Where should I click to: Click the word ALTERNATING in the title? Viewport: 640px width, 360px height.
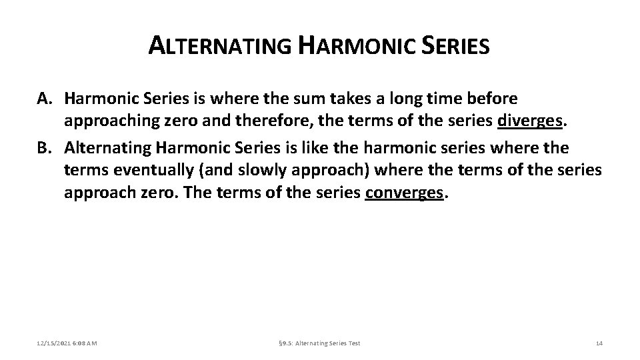click(x=219, y=47)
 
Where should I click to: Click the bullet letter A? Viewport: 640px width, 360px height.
click(x=43, y=99)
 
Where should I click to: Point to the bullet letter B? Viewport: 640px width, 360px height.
click(x=43, y=147)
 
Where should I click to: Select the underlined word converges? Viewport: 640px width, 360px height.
click(x=404, y=193)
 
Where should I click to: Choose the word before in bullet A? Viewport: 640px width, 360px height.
click(x=492, y=99)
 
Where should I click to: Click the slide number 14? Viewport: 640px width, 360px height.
click(x=599, y=343)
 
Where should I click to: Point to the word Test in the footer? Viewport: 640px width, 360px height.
click(x=353, y=343)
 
